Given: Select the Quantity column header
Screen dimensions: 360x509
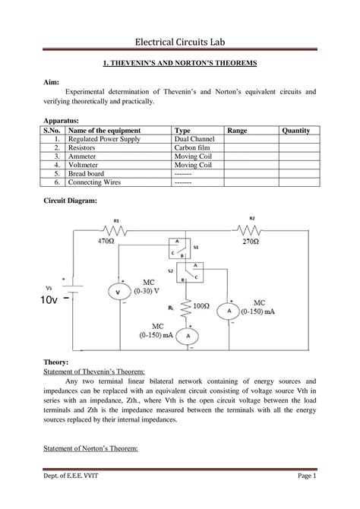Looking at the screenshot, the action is pos(295,131).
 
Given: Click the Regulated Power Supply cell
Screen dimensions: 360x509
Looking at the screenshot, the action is pos(103,140).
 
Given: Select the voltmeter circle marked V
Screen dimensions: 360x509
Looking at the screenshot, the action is pos(118,292).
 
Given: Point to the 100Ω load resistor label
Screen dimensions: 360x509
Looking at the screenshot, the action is pos(201,305).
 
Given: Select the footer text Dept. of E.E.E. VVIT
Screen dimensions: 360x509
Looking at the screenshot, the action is pos(72,496).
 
